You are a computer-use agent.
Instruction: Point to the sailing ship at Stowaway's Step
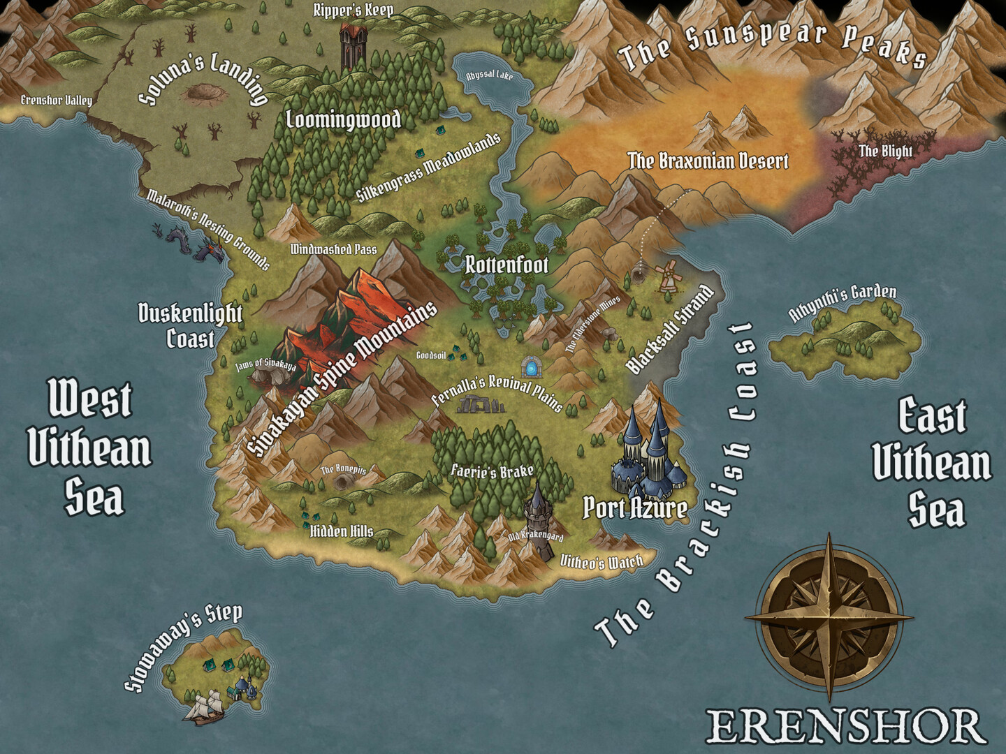point(203,707)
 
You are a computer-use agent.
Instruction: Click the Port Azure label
point(634,508)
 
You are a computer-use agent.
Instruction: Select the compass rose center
point(829,618)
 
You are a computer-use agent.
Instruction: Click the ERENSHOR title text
point(845,726)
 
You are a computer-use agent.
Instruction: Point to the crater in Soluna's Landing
point(203,91)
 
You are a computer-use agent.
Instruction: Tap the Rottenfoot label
point(507,265)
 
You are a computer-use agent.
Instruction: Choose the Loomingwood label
point(344,120)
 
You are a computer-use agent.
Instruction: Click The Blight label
point(885,151)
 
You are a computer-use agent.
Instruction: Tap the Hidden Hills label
point(342,531)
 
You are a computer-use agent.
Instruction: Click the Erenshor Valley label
point(56,101)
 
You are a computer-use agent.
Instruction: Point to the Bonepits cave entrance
point(344,482)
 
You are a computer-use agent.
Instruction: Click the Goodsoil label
point(430,355)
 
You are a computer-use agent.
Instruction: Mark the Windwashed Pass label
point(333,249)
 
